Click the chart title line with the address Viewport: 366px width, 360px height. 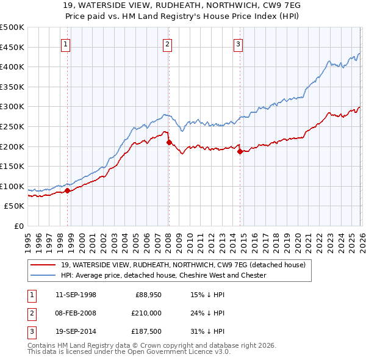(183, 6)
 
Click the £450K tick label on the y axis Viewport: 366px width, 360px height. (12, 47)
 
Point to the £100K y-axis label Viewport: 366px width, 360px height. (12, 186)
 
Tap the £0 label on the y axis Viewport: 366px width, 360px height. (19, 226)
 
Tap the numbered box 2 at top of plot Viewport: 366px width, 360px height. (167, 43)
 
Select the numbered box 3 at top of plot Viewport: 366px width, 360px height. (238, 43)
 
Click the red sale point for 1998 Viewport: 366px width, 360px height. (67, 190)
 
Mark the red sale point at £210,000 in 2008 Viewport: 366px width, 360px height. (169, 142)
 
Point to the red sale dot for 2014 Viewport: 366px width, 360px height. (240, 151)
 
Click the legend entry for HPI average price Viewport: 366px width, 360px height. (163, 275)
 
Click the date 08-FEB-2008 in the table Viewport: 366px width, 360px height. (76, 313)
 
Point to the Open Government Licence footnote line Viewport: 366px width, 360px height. (129, 352)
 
